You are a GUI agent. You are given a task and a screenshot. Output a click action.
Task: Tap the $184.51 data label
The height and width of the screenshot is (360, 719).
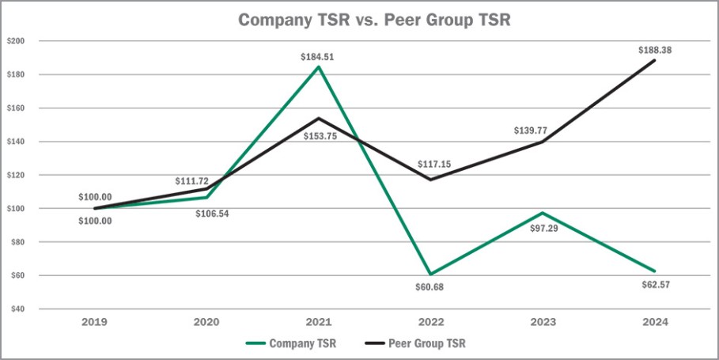318,57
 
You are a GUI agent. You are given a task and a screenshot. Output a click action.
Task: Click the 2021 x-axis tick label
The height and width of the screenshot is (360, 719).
319,322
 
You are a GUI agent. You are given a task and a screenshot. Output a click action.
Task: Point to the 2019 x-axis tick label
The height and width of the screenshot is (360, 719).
94,322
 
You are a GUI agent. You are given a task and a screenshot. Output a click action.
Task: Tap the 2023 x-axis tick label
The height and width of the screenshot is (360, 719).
543,322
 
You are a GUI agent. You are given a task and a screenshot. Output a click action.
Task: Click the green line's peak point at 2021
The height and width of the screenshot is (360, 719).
319,67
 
